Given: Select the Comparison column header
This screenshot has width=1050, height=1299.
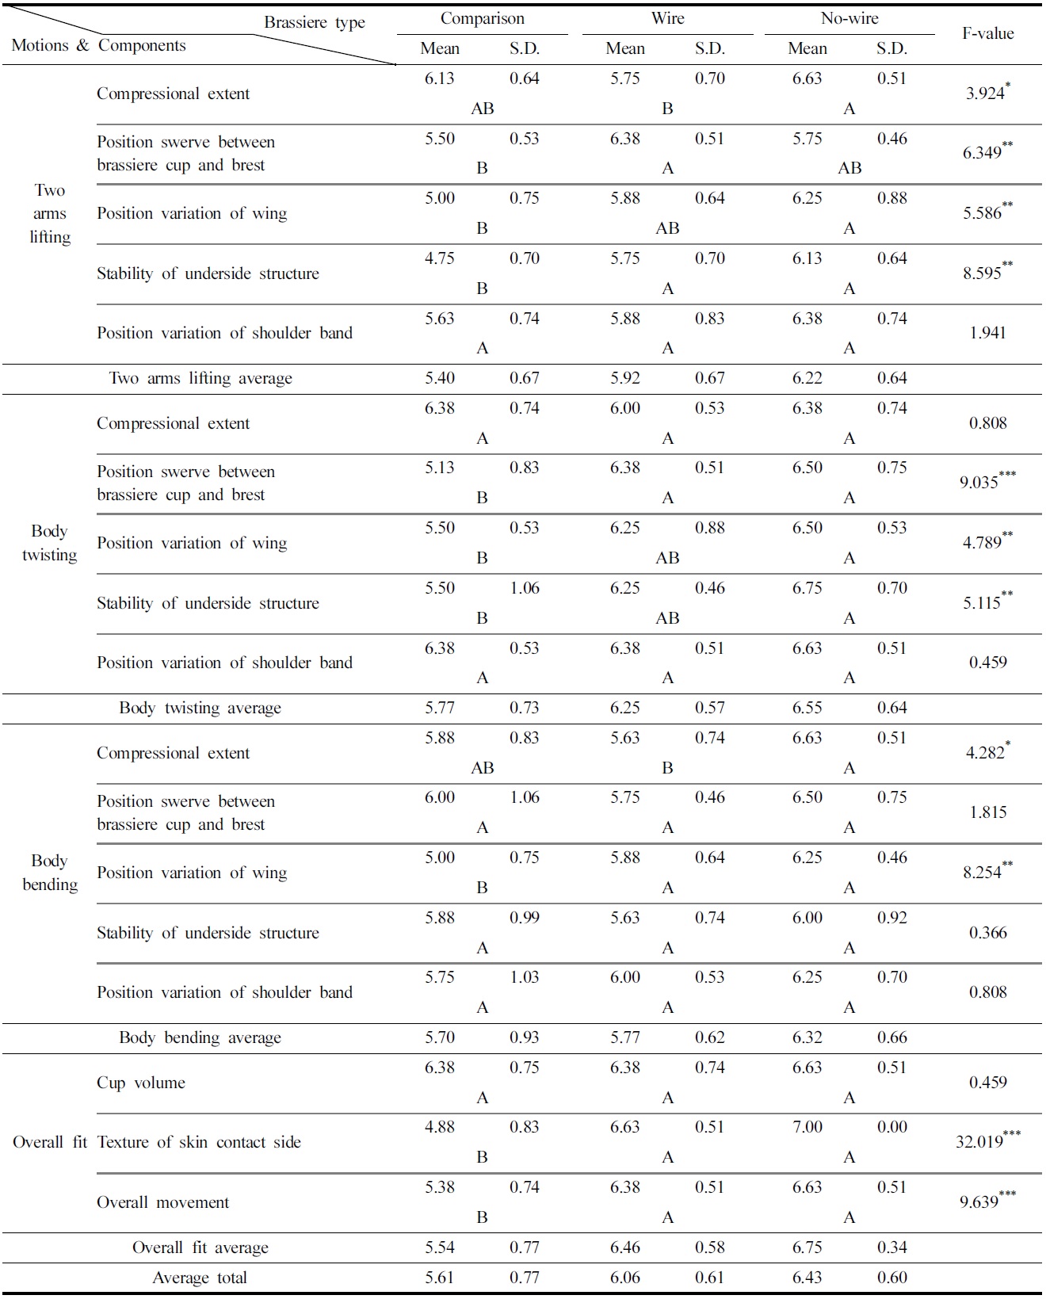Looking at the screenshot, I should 482,19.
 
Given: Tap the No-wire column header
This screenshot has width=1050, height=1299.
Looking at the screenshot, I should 850,19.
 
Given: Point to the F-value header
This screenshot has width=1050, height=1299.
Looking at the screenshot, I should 987,33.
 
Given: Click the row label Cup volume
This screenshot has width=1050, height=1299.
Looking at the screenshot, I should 141,1083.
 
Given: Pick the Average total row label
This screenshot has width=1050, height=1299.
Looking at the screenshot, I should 200,1278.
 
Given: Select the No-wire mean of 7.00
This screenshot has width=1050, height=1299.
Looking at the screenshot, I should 807,1127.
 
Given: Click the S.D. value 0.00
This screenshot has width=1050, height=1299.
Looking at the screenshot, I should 892,1127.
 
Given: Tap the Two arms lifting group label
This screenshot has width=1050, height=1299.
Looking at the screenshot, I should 50,213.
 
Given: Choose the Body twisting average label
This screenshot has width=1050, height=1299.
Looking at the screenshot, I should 200,708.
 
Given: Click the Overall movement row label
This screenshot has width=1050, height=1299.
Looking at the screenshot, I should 162,1202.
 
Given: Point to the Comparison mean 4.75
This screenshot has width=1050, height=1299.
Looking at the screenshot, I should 440,258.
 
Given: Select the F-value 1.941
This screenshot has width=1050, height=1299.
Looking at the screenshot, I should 987,333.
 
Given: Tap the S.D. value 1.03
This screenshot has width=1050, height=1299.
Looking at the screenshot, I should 524,977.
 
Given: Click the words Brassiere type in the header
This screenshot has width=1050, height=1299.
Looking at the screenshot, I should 314,22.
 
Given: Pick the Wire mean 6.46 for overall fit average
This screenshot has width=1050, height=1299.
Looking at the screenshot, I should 625,1247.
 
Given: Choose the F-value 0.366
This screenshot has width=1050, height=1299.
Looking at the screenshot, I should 987,933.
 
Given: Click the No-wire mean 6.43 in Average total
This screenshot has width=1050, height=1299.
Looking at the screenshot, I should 807,1278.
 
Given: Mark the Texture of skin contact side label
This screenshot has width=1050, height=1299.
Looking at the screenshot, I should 199,1142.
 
